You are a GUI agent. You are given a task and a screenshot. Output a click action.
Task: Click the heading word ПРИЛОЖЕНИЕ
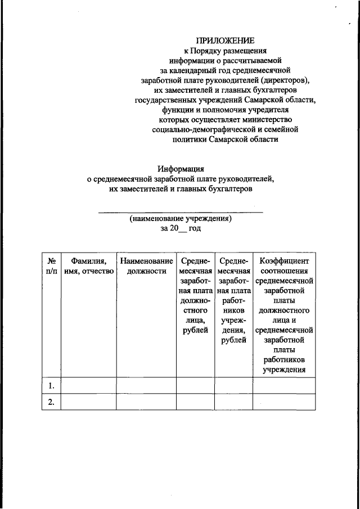[225, 40]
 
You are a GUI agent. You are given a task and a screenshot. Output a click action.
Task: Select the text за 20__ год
[180, 229]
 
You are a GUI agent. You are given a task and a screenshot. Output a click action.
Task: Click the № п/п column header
[51, 267]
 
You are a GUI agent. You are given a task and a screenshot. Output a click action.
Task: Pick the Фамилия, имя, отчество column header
[88, 267]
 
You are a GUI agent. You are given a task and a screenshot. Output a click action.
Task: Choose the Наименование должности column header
[146, 267]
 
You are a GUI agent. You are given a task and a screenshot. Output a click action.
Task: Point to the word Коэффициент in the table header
[283, 262]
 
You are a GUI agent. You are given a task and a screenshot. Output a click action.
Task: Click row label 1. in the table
[51, 386]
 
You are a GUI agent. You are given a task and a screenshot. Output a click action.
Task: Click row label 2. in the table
[51, 402]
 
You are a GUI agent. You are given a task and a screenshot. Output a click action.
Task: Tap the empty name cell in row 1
[88, 386]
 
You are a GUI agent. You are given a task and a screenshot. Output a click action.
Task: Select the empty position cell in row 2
[146, 402]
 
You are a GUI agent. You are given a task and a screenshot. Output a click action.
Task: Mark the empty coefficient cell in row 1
[283, 386]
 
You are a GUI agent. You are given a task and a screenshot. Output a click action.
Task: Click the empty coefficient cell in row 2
[283, 402]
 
